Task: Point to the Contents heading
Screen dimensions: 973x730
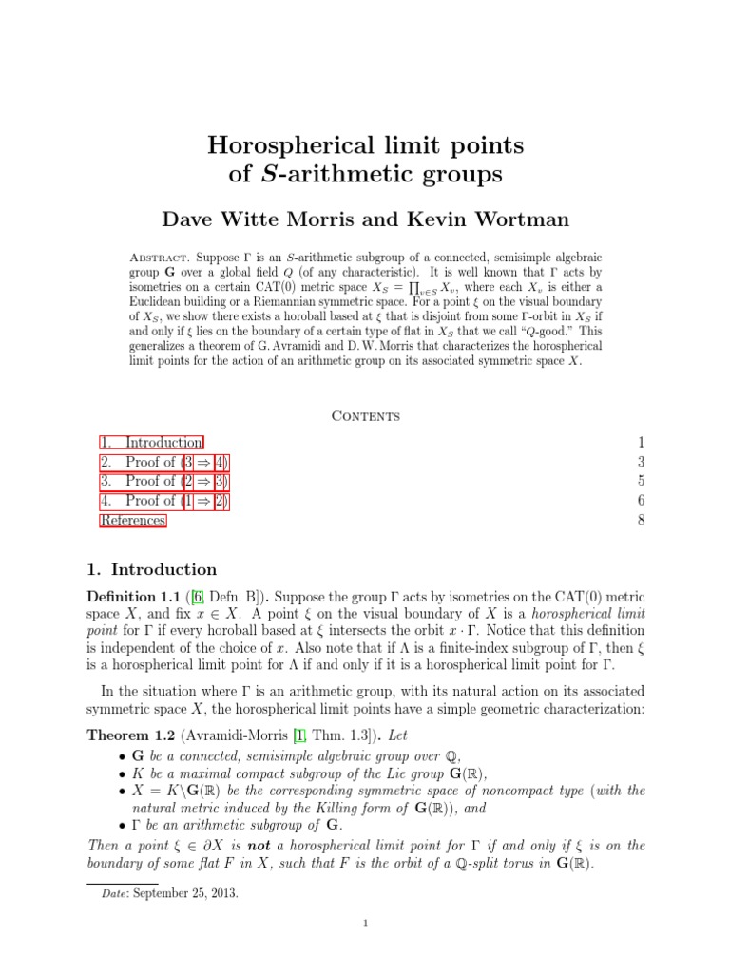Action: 364,416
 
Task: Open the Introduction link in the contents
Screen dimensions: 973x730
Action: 163,443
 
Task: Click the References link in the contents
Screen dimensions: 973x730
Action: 133,520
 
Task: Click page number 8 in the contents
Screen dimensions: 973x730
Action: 641,520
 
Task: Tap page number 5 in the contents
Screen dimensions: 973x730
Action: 641,481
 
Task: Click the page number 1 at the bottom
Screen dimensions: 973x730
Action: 365,948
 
